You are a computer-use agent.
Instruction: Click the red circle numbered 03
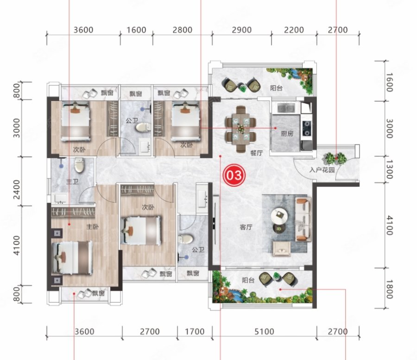(234, 175)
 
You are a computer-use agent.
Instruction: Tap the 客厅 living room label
(246, 227)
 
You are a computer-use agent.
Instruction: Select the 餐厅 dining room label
(256, 153)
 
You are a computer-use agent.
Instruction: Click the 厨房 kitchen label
(287, 133)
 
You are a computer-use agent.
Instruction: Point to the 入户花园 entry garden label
(322, 170)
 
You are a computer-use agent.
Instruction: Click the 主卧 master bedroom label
(92, 227)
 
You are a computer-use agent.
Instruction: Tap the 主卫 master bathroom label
(72, 182)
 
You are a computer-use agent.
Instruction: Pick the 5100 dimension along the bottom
(264, 332)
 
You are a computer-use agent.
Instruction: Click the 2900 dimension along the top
(241, 30)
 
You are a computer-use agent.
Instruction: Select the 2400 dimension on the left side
(17, 189)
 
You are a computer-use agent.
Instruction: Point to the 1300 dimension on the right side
(389, 170)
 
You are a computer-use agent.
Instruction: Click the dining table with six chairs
(240, 129)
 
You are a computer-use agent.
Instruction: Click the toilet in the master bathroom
(79, 165)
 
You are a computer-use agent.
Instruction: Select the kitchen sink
(286, 107)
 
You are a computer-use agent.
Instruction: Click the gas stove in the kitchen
(307, 128)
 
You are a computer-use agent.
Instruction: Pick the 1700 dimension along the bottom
(195, 332)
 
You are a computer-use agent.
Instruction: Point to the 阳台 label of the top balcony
(276, 88)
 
